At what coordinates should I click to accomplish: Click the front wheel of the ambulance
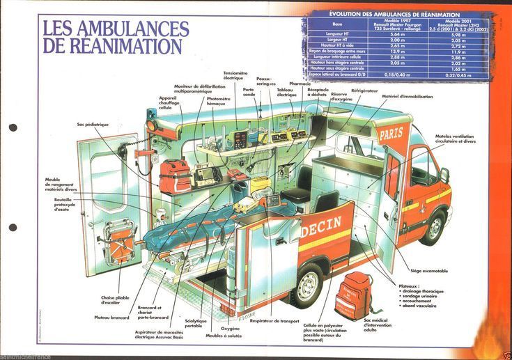[434, 227]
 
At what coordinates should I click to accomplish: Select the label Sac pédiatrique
[93, 125]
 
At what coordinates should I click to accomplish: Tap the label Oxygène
[231, 328]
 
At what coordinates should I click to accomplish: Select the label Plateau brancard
[111, 318]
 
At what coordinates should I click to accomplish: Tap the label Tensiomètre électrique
[235, 75]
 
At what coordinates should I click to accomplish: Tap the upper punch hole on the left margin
[13, 128]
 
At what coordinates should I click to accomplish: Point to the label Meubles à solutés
[224, 336]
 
